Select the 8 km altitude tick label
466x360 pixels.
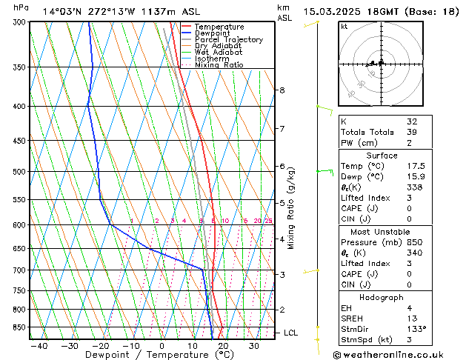click(x=282, y=90)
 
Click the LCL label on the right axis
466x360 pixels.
click(x=290, y=333)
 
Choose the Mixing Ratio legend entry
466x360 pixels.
click(x=219, y=65)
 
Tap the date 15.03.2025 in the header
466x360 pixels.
click(x=333, y=11)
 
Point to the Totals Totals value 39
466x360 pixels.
click(x=412, y=132)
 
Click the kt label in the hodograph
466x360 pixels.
click(x=344, y=27)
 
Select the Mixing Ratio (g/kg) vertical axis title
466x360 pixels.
click(x=291, y=208)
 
